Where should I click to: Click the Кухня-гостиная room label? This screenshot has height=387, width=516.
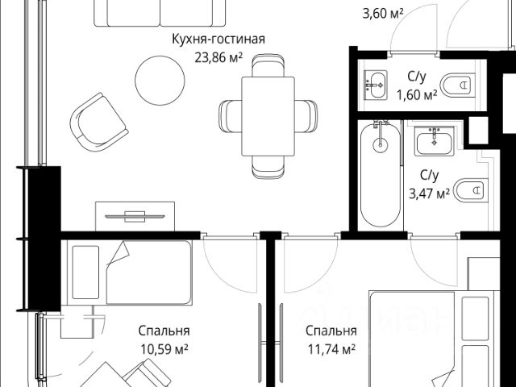pyautogui.click(x=218, y=40)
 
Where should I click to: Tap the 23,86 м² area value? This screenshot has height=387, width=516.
pyautogui.click(x=218, y=57)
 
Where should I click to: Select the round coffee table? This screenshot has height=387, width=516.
pyautogui.click(x=160, y=81)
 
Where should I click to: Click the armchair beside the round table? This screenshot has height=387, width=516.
pyautogui.click(x=98, y=122)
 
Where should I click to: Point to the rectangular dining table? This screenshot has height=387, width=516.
pyautogui.click(x=268, y=116)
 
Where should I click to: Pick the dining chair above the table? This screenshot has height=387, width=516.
pyautogui.click(x=268, y=65)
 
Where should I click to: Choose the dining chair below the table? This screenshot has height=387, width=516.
pyautogui.click(x=268, y=167)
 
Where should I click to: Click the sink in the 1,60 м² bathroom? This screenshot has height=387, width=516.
pyautogui.click(x=375, y=85)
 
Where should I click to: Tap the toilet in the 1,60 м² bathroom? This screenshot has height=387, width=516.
pyautogui.click(x=458, y=85)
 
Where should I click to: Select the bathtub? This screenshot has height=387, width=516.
pyautogui.click(x=381, y=174)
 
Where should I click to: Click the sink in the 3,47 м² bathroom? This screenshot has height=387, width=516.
pyautogui.click(x=434, y=141)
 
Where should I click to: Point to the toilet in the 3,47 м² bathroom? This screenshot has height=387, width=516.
pyautogui.click(x=471, y=190)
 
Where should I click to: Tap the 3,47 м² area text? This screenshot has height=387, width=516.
pyautogui.click(x=430, y=193)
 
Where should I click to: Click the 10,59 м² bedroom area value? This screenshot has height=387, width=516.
pyautogui.click(x=164, y=349)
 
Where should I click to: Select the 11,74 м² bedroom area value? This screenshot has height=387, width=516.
pyautogui.click(x=331, y=349)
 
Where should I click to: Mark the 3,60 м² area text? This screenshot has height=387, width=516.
pyautogui.click(x=383, y=14)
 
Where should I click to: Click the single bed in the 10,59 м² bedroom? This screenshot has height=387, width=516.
pyautogui.click(x=129, y=273)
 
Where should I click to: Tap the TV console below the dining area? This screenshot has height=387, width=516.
pyautogui.click(x=135, y=216)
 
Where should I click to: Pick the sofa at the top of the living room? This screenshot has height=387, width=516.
pyautogui.click(x=160, y=13)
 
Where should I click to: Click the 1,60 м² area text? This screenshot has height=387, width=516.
pyautogui.click(x=417, y=95)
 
